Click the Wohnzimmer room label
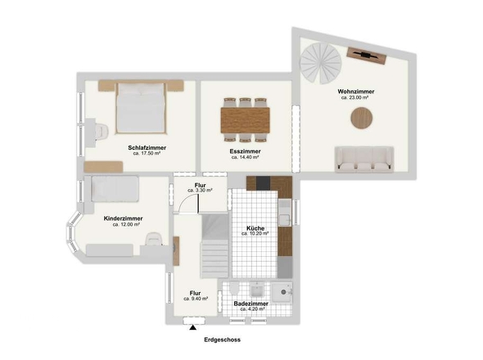pyautogui.click(x=356, y=92)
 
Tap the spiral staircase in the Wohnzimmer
pyautogui.click(x=321, y=63)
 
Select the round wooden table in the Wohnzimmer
pyautogui.click(x=362, y=118)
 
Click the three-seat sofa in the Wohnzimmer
pyautogui.click(x=364, y=159)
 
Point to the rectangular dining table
pyautogui.click(x=246, y=120)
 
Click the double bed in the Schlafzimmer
pyautogui.click(x=141, y=107)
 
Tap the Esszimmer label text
pyautogui.click(x=246, y=151)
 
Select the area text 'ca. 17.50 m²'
pyautogui.click(x=147, y=153)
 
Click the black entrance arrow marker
pyautogui.click(x=193, y=327)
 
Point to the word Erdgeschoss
pyautogui.click(x=223, y=340)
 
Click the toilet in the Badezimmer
pyautogui.click(x=234, y=288)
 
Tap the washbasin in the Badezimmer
pyautogui.click(x=255, y=290)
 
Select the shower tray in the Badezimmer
pyautogui.click(x=282, y=293)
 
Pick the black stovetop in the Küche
pyautogui.click(x=263, y=183)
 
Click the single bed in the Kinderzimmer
pyautogui.click(x=115, y=189)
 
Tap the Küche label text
pyautogui.click(x=255, y=228)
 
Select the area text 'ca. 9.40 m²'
pyautogui.click(x=196, y=299)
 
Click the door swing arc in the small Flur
pyautogui.click(x=187, y=202)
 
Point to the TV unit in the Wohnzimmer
pyautogui.click(x=366, y=56)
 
